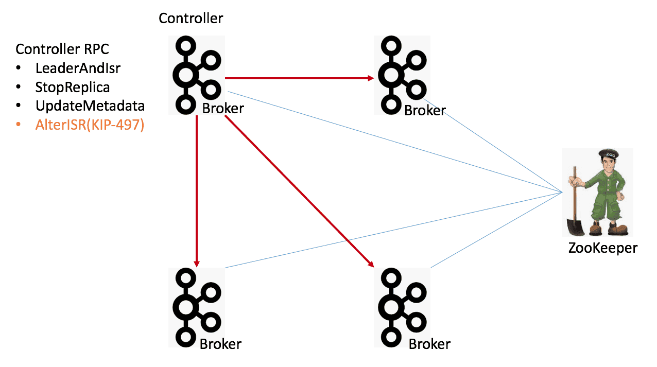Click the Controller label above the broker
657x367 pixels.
click(x=191, y=19)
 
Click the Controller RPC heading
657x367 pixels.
click(x=62, y=49)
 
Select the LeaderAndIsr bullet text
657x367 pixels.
click(x=78, y=68)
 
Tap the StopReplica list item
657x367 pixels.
click(x=73, y=87)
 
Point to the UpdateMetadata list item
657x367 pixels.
click(x=90, y=106)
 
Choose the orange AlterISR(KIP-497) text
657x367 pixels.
click(x=90, y=125)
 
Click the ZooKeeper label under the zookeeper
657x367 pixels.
click(x=602, y=248)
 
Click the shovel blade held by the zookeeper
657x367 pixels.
click(x=574, y=227)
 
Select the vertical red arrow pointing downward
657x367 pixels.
click(x=197, y=190)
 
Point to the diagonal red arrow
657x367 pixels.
click(x=299, y=190)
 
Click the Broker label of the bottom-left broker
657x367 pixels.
click(x=220, y=344)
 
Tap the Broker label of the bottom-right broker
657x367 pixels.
click(x=429, y=344)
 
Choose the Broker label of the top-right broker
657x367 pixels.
click(x=425, y=110)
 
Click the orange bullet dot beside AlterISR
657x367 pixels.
click(x=19, y=125)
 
